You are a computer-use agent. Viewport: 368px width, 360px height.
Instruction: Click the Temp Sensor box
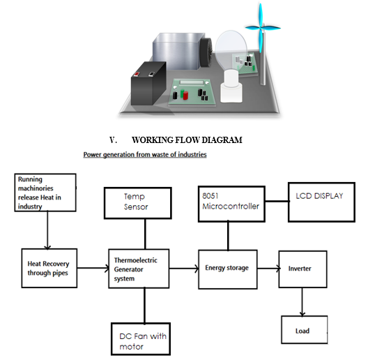(138, 203)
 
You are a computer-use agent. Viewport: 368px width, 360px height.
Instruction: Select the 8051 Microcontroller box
(231, 204)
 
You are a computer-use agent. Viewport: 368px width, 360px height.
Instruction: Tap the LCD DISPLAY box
(321, 202)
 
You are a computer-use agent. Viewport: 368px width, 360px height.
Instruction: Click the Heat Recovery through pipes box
(49, 268)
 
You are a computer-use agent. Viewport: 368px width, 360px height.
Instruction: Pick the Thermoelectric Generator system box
(139, 269)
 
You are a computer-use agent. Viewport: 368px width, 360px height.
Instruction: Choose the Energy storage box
(228, 269)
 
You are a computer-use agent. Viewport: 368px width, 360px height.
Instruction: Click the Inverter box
(302, 269)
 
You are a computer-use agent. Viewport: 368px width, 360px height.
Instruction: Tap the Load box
(305, 330)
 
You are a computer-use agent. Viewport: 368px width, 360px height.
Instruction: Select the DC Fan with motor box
(141, 339)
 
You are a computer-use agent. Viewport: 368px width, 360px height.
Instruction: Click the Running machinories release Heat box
(45, 193)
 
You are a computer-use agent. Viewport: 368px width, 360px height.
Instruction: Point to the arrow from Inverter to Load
(302, 302)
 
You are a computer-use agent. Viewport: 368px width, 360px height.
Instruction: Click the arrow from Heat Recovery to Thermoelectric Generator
(93, 268)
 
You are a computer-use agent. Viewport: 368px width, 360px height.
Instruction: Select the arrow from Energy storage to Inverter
(269, 269)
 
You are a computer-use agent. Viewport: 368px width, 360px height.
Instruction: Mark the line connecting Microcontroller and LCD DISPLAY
(277, 201)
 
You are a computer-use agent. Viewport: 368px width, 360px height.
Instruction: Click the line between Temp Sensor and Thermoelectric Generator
(145, 234)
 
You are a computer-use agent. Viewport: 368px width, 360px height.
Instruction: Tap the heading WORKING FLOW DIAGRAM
(187, 140)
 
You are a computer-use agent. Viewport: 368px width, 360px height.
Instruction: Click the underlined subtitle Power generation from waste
(145, 155)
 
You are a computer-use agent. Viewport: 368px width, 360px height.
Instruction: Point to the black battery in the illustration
(148, 83)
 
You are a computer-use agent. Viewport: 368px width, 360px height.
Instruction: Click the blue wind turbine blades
(262, 28)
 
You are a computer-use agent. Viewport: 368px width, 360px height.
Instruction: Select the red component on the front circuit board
(185, 96)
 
